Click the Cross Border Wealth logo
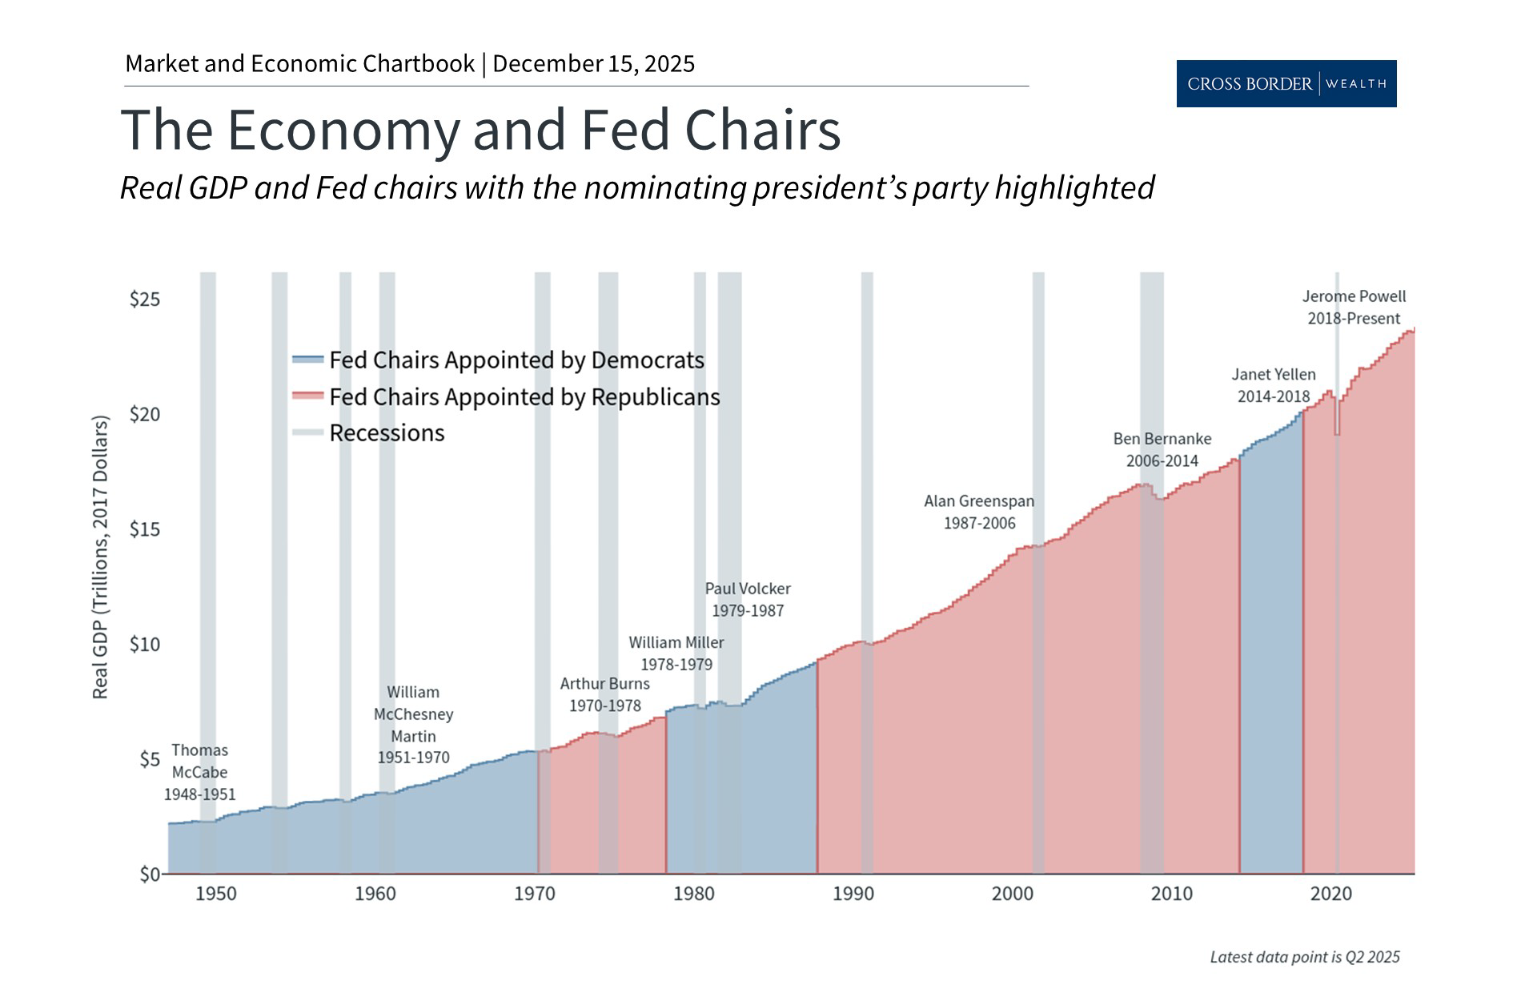[x=1286, y=83]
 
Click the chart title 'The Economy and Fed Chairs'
[x=480, y=130]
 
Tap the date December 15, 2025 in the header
[x=593, y=64]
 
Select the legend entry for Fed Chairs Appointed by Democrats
[x=516, y=360]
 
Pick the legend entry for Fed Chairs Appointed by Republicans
[x=524, y=397]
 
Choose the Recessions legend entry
[x=387, y=433]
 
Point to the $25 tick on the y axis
[x=145, y=300]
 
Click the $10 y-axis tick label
[x=145, y=645]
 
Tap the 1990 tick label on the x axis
[x=853, y=894]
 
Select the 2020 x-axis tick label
[x=1330, y=894]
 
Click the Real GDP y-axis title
[x=100, y=557]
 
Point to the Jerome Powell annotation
[x=1354, y=308]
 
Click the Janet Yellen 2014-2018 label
[x=1273, y=385]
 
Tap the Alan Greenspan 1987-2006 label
[x=979, y=512]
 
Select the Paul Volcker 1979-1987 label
[x=748, y=599]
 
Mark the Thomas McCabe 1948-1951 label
[x=200, y=772]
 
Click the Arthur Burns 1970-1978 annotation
[x=604, y=694]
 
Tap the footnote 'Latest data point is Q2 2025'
[x=1304, y=957]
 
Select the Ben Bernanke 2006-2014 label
[x=1162, y=449]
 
